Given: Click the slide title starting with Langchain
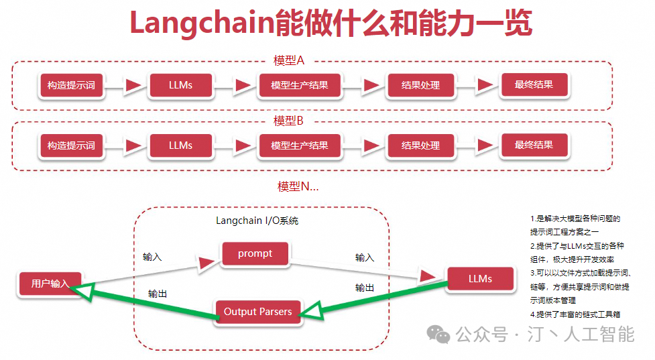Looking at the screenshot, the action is [x=331, y=23].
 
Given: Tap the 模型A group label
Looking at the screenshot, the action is [x=289, y=60].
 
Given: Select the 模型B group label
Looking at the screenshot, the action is [x=288, y=121].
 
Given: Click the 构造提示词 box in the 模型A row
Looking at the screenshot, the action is [x=71, y=85].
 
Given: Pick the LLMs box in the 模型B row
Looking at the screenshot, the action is [x=180, y=145].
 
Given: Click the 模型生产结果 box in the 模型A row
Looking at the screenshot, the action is [x=300, y=85].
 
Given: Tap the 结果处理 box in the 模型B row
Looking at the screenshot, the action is [x=420, y=145].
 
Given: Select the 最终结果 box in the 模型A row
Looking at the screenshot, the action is [x=534, y=84].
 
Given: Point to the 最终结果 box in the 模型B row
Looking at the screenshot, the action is [x=534, y=145].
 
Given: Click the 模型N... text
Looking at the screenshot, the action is [x=298, y=186].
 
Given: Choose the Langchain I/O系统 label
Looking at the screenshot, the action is [x=257, y=221].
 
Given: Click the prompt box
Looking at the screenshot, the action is [x=255, y=253].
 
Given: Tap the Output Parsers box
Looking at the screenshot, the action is [x=257, y=312].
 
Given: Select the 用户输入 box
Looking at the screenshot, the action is [x=50, y=284].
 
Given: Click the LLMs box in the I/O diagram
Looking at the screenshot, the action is [x=481, y=279].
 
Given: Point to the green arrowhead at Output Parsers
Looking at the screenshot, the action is [x=312, y=311].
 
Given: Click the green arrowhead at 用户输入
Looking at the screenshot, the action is [x=82, y=291].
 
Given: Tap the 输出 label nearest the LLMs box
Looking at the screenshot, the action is [x=365, y=288].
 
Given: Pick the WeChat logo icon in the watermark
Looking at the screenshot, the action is [x=438, y=335].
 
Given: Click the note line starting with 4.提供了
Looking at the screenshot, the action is [x=575, y=314].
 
